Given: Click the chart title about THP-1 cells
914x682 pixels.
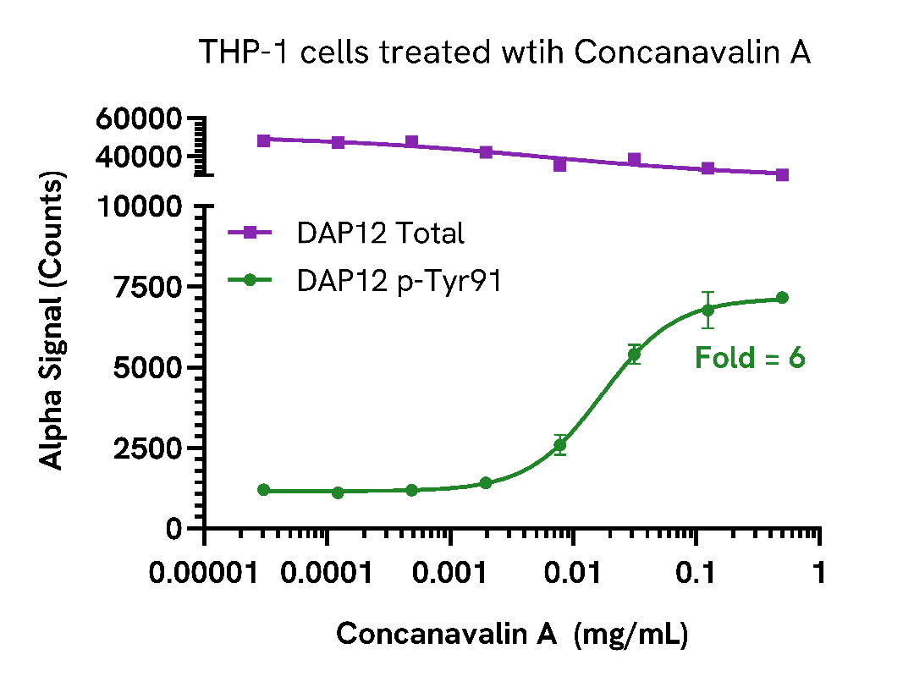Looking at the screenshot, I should (x=504, y=52).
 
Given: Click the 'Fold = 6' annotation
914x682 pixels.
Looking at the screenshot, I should (x=750, y=358).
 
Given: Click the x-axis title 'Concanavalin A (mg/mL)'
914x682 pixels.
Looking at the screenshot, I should (x=512, y=634).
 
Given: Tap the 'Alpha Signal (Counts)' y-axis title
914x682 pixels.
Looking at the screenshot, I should (x=52, y=322).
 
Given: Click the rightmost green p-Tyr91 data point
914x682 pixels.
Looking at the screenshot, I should (x=782, y=298).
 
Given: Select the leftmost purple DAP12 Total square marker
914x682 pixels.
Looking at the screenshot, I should (x=264, y=140).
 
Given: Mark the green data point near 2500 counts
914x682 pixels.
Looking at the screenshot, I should (x=559, y=445).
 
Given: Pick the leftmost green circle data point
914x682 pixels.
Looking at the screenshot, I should (x=264, y=490).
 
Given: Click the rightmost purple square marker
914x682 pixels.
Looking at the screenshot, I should (x=782, y=174).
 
